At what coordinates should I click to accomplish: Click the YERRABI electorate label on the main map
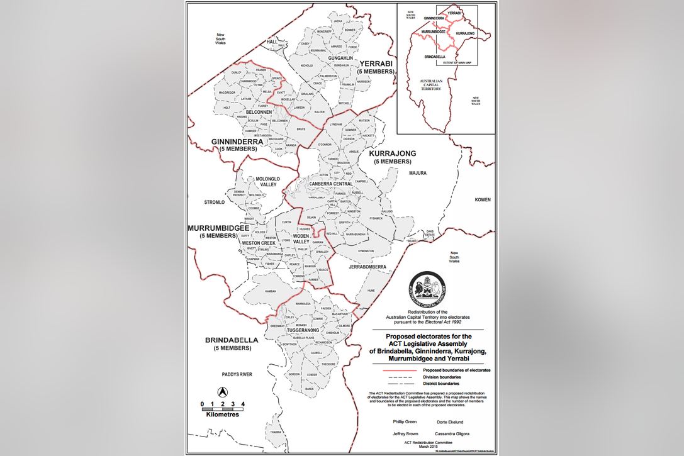coord(376,64)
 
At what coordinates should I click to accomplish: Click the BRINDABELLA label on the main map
coord(232,340)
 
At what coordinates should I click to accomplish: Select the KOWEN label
coord(483,199)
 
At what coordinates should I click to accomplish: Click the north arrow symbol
coord(221,391)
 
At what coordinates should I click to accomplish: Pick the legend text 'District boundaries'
coord(441,383)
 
